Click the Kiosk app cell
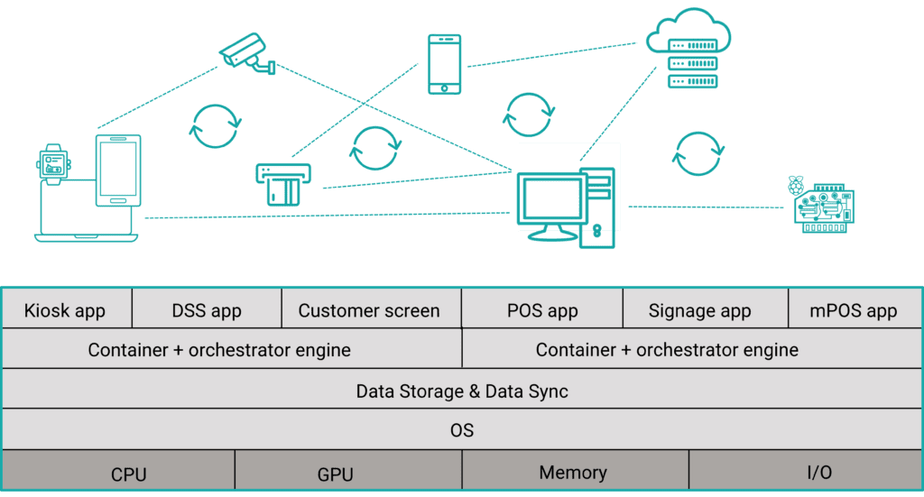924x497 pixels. pos(65,310)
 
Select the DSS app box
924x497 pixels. pos(207,310)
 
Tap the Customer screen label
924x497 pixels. pos(369,311)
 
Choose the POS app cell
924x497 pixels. pos(542,310)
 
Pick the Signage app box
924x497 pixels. pos(699,310)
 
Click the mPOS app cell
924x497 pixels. pos(855,310)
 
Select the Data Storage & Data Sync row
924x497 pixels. pos(462,391)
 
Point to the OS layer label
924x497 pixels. pos(462,430)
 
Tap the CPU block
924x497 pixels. pos(129,474)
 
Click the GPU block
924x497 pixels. pos(336,474)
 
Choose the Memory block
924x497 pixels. pos(573,472)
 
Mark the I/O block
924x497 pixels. pos(806,472)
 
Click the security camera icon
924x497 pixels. pos(245,51)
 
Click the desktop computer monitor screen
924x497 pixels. pos(549,198)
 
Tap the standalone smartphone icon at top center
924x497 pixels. pos(445,63)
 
